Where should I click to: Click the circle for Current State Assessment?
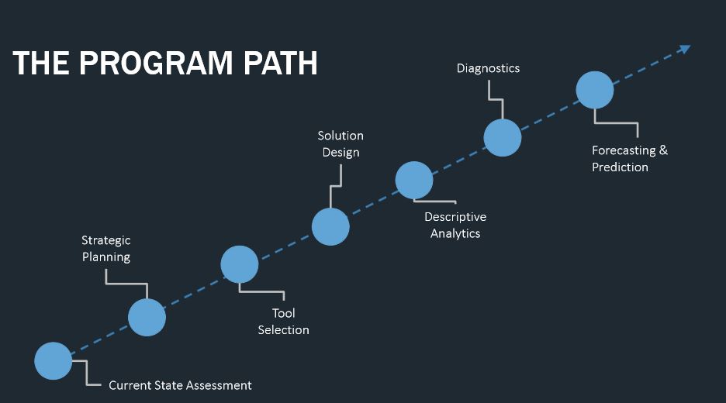click(54, 360)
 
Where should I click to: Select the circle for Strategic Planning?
click(147, 317)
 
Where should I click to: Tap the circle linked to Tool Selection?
click(240, 265)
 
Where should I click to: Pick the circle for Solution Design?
click(330, 226)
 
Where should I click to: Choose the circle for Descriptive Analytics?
click(414, 180)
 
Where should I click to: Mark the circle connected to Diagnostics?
click(503, 138)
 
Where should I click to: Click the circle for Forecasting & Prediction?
click(595, 90)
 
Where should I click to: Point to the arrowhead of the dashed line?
click(685, 49)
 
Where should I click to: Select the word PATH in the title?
click(278, 64)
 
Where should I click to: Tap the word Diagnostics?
click(488, 68)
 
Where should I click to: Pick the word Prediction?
click(620, 167)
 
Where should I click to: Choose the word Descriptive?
click(455, 217)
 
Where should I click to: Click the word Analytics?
click(455, 233)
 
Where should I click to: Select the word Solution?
click(341, 136)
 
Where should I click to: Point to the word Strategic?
click(106, 240)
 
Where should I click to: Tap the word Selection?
click(283, 330)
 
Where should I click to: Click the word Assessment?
click(216, 385)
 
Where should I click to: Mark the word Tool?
click(283, 313)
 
